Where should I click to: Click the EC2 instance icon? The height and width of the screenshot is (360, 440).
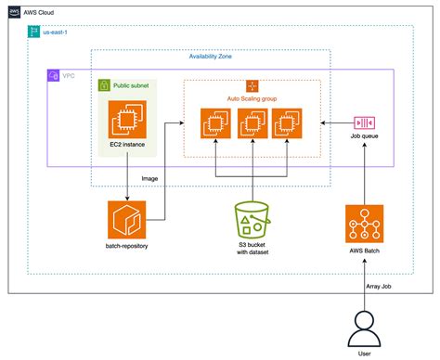tap(126, 122)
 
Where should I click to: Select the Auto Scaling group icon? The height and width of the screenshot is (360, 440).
tap(251, 86)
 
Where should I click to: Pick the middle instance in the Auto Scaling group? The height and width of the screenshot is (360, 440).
tap(252, 123)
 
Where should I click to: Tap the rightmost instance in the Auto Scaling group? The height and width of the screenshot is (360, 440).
tap(286, 123)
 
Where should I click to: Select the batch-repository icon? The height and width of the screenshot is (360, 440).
tap(126, 220)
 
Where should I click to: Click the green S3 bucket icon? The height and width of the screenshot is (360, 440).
tap(252, 220)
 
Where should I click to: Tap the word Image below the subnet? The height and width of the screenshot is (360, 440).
tap(149, 177)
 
